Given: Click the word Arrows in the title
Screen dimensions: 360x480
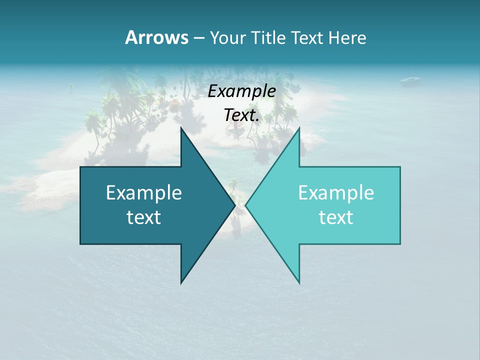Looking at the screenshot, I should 156,37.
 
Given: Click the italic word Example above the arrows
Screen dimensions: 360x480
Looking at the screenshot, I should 241,91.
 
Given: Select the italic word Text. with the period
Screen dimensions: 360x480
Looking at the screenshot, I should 241,115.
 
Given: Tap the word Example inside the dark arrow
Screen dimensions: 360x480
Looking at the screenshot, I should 144,193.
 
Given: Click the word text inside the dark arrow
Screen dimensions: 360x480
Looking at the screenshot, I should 144,217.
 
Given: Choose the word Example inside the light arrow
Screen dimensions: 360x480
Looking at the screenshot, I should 336,193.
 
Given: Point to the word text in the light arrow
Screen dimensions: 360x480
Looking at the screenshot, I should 336,217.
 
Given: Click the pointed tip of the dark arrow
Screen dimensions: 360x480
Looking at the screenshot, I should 234,205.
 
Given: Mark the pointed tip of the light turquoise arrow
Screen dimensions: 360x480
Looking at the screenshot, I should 246,205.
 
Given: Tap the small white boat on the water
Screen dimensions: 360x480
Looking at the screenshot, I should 410,79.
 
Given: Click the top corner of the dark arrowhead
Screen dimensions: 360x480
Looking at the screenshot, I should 181,128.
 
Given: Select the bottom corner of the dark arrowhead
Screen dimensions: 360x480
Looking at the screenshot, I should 181,282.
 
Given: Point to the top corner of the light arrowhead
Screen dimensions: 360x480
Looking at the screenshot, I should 299,128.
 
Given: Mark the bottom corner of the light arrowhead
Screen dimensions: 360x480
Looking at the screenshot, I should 299,282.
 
